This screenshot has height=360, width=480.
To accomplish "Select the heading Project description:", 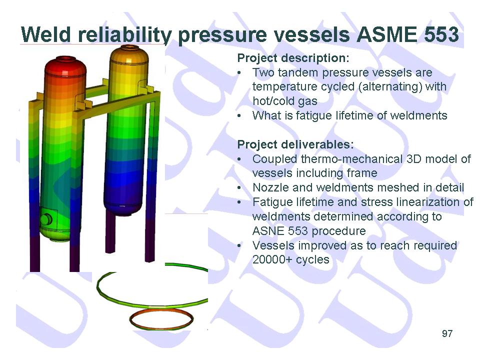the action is coord(293,58).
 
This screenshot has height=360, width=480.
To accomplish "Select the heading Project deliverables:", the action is coord(295,144).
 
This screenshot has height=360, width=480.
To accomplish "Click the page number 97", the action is coord(447,333).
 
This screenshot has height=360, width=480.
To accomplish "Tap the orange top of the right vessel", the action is coord(129,54).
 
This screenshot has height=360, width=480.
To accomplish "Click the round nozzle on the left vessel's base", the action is coord(46,219).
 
